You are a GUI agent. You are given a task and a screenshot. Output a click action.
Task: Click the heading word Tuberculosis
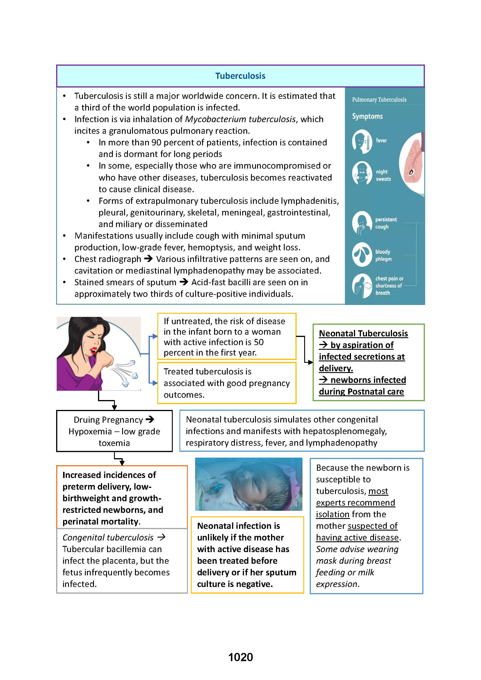240,76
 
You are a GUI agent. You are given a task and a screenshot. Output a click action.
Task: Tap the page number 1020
240,657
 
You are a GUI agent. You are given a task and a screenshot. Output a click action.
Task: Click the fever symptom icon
362,141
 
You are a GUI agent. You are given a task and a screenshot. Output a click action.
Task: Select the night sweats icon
362,173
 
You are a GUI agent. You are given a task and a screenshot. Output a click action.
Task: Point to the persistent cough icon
362,223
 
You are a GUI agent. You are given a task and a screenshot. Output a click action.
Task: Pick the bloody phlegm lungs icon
362,254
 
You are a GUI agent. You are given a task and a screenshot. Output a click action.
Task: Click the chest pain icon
362,286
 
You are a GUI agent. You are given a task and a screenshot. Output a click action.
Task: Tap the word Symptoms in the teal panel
367,116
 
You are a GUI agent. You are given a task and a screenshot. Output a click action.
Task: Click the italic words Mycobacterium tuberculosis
240,119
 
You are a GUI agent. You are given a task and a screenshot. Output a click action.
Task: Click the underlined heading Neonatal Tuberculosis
363,333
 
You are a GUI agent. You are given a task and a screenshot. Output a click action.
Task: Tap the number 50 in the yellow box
259,342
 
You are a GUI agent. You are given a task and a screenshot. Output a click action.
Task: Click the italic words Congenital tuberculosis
108,538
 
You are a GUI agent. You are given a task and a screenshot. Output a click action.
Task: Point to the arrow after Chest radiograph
148,259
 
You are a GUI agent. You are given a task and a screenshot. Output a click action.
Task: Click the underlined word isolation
332,515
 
